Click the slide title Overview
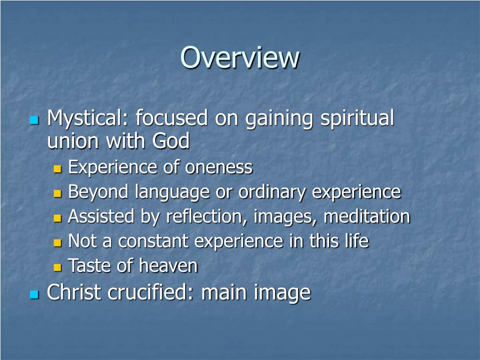point(240,58)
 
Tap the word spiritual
point(357,119)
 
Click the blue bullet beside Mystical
point(33,120)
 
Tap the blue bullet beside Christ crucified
point(33,294)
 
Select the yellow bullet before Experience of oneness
point(58,168)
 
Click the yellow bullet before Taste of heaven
point(58,268)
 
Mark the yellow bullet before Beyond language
point(58,193)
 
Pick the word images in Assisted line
point(286,217)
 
